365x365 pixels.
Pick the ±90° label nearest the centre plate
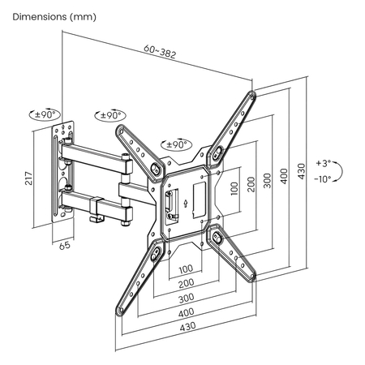point(174,144)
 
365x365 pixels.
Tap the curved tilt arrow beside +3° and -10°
point(341,170)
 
